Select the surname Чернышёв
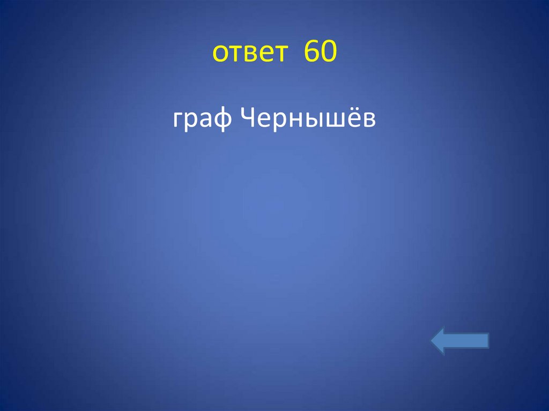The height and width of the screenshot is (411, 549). tap(308, 119)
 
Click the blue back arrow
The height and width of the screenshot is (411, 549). tap(459, 341)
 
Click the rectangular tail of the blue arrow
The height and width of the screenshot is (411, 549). tap(472, 341)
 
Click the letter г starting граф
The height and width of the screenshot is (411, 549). tap(178, 121)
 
